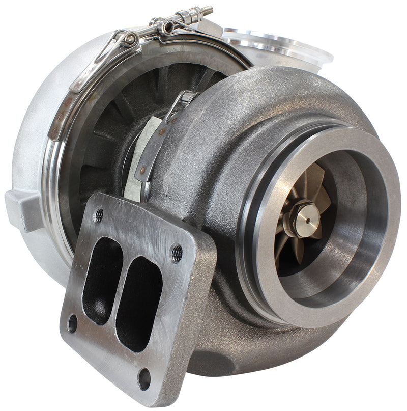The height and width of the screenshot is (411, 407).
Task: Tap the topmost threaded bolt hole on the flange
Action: (99, 215)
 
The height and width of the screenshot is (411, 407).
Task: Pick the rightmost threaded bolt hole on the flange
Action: (177, 253)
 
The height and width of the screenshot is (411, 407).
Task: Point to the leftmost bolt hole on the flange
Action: (72, 323)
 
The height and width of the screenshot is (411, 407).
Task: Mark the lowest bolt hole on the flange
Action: (144, 378)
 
